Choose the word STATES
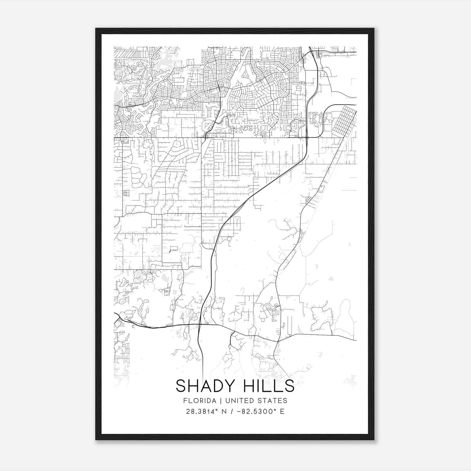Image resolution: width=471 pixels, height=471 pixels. click(272, 401)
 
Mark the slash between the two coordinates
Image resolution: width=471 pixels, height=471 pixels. click(233, 412)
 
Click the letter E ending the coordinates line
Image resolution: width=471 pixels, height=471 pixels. click(282, 412)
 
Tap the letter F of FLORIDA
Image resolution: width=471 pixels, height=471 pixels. click(185, 401)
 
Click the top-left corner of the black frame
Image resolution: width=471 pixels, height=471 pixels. click(96, 29)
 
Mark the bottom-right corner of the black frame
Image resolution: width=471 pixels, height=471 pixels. click(374, 440)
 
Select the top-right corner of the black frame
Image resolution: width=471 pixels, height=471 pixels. click(374, 29)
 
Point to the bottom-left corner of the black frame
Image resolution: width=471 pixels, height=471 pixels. click(96, 440)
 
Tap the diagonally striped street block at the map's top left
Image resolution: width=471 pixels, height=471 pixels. click(124, 54)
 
